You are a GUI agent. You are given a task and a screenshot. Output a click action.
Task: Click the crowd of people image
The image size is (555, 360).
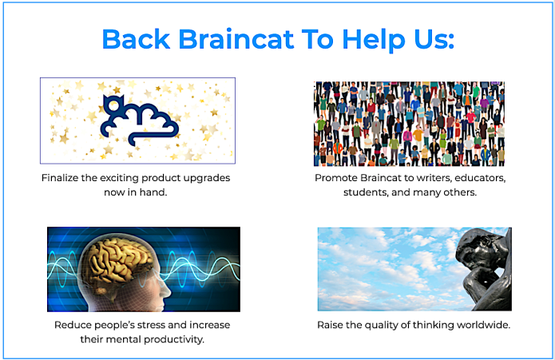409,123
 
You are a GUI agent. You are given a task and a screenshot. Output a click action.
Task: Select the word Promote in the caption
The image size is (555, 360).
339,178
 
